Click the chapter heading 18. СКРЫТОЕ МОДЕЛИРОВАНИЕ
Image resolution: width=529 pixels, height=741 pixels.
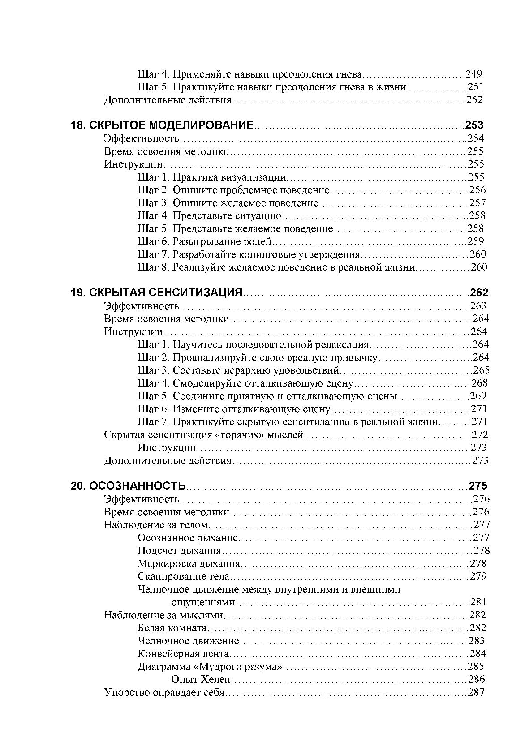(x=162, y=125)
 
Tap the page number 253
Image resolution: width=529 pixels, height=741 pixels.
(x=474, y=125)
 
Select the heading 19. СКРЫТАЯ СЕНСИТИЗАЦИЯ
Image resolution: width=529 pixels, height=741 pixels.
(x=156, y=293)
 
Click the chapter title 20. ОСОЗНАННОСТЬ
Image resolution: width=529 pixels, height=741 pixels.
(x=128, y=486)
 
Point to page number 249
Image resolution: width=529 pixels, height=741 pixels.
(x=473, y=74)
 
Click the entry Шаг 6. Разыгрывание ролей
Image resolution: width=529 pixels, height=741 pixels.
(x=205, y=242)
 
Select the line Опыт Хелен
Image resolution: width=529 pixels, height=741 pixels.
(x=200, y=680)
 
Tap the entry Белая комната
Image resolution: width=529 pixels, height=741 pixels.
(x=172, y=628)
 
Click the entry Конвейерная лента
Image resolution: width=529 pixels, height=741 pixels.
(x=183, y=654)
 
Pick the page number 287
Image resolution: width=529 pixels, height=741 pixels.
(x=476, y=693)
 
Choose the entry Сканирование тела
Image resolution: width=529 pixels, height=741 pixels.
(x=183, y=577)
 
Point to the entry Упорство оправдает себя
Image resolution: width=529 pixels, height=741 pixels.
(x=163, y=693)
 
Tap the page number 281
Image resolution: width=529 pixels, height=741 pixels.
(x=478, y=602)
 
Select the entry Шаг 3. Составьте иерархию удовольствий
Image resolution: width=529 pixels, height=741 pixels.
(x=238, y=370)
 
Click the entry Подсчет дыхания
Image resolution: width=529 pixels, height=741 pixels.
(x=180, y=551)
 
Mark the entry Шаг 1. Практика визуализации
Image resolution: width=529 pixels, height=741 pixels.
(x=211, y=177)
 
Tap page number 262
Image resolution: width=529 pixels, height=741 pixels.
(x=479, y=293)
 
